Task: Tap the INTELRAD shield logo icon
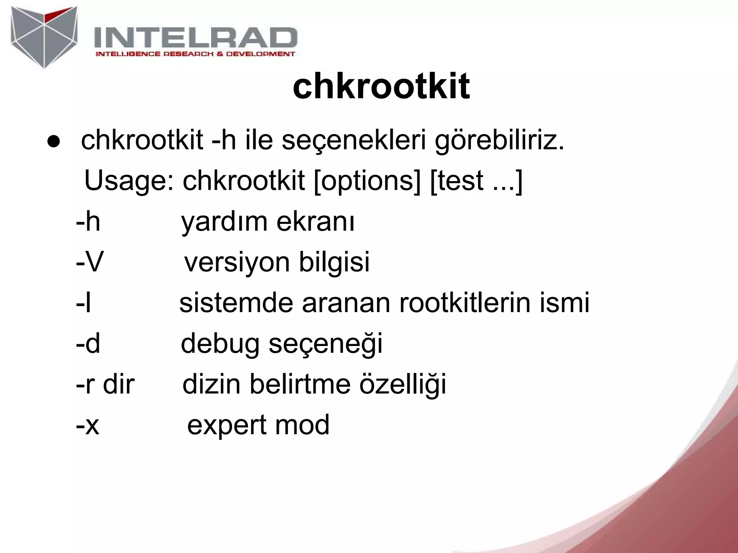pyautogui.click(x=44, y=37)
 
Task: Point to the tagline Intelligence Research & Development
pyautogui.click(x=195, y=54)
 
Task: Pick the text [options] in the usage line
pyautogui.click(x=367, y=181)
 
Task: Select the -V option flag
pyautogui.click(x=89, y=262)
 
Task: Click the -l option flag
pyautogui.click(x=83, y=302)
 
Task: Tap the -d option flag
pyautogui.click(x=88, y=343)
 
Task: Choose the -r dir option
pyautogui.click(x=105, y=384)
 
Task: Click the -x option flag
pyautogui.click(x=88, y=425)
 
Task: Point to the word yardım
pyautogui.click(x=224, y=222)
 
